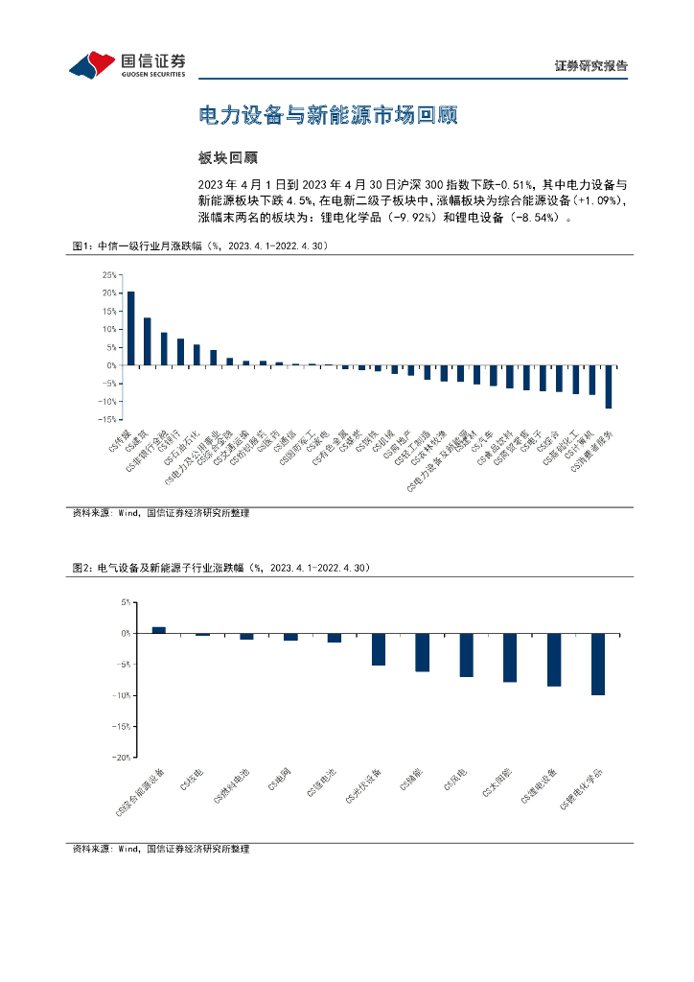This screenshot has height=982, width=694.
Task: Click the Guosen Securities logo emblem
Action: (x=91, y=63)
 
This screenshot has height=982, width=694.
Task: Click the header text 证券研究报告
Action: (x=591, y=67)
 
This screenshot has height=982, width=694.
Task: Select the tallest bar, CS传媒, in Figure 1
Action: (x=130, y=328)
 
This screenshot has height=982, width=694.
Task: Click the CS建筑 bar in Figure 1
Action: (x=148, y=341)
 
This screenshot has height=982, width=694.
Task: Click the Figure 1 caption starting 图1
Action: (x=201, y=246)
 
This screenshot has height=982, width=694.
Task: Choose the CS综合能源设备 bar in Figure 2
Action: (x=159, y=630)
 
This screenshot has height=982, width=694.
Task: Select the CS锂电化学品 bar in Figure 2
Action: (x=598, y=664)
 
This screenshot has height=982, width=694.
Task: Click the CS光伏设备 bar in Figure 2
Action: (x=379, y=649)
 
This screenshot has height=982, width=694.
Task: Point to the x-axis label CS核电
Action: (x=192, y=781)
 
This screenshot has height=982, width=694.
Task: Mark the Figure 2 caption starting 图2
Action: (x=220, y=568)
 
